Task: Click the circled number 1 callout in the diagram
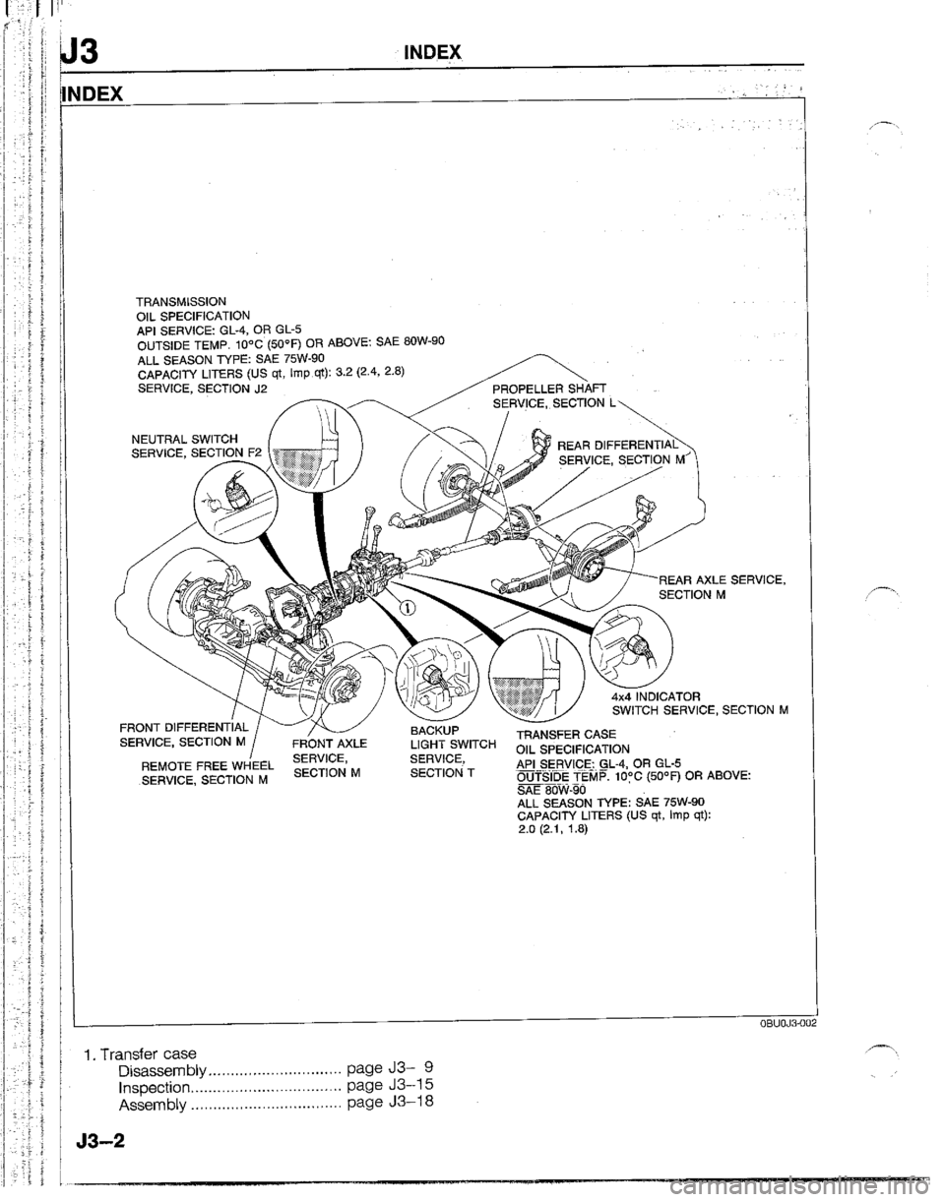pyautogui.click(x=405, y=608)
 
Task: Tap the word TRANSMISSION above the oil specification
pyautogui.click(x=183, y=300)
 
